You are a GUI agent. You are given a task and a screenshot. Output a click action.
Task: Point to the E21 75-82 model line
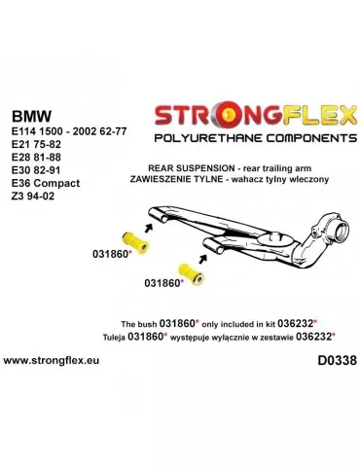[x=35, y=148]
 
